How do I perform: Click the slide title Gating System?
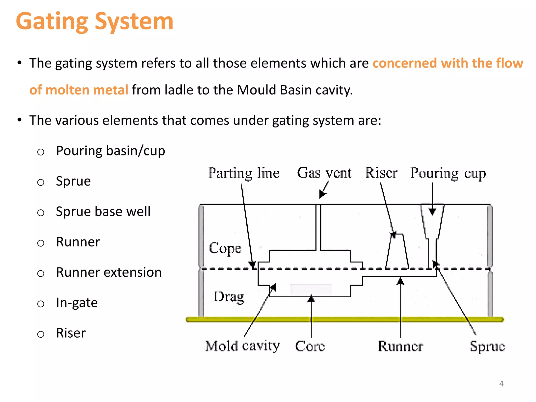click(94, 21)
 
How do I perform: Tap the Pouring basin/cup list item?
click(110, 151)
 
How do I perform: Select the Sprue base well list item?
click(103, 212)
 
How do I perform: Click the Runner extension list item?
click(109, 272)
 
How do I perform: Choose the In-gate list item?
click(77, 303)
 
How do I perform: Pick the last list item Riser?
click(71, 333)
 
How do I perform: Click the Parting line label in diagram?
click(244, 173)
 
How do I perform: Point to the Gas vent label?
click(324, 173)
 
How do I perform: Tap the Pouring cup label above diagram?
click(448, 173)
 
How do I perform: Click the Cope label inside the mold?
click(225, 248)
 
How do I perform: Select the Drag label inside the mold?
click(229, 297)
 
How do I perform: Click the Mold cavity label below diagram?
click(242, 346)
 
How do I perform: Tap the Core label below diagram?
click(310, 346)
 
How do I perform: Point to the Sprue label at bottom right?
click(487, 346)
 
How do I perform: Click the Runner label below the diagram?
click(400, 346)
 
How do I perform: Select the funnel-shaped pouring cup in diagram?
click(432, 222)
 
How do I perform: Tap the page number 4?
click(501, 384)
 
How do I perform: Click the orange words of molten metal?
click(79, 90)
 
